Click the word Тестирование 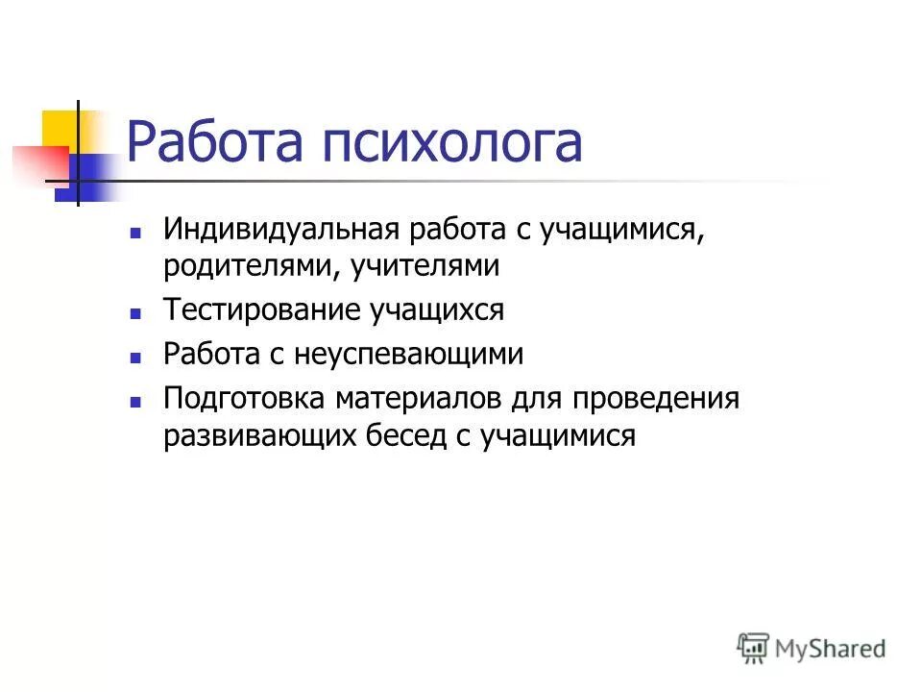tap(262, 310)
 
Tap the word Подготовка tap(246, 398)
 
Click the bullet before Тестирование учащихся tap(136, 313)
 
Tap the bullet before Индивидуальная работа tap(136, 233)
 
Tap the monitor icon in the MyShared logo tap(754, 648)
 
